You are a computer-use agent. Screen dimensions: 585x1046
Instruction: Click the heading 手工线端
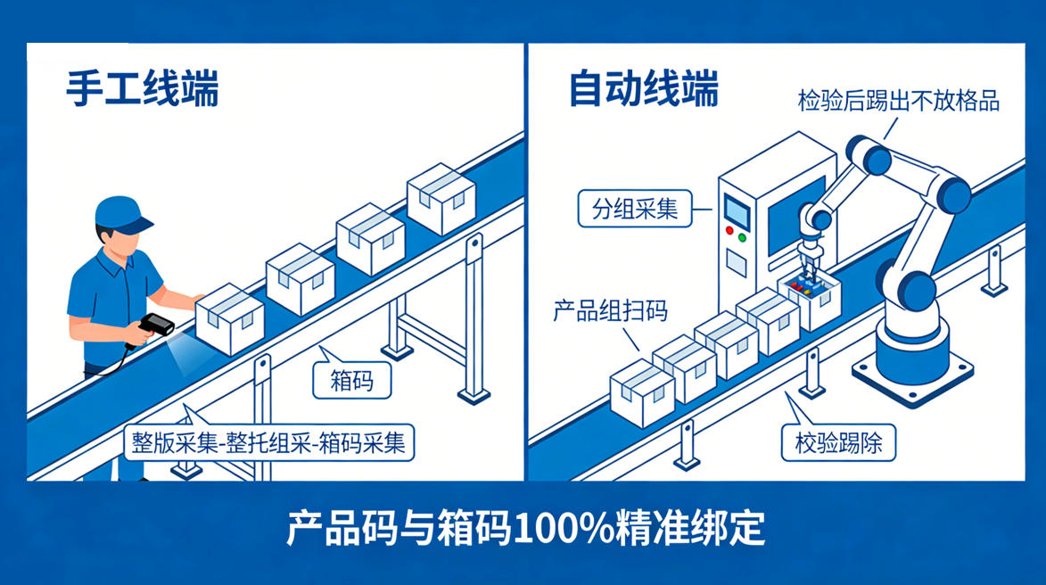tap(143, 89)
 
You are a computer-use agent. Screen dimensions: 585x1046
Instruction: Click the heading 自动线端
tap(644, 89)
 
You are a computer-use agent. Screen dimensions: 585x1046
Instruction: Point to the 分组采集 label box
tap(635, 209)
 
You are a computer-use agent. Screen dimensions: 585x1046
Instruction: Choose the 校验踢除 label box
tap(838, 442)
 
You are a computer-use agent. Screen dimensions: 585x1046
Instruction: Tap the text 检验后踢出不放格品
tap(898, 100)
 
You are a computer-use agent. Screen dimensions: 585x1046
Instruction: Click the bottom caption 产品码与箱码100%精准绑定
tap(525, 529)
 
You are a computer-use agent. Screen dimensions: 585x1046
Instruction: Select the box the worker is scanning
tap(229, 319)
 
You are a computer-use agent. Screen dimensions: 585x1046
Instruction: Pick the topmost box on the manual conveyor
tap(441, 199)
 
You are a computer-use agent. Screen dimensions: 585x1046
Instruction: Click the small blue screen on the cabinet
tap(736, 211)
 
